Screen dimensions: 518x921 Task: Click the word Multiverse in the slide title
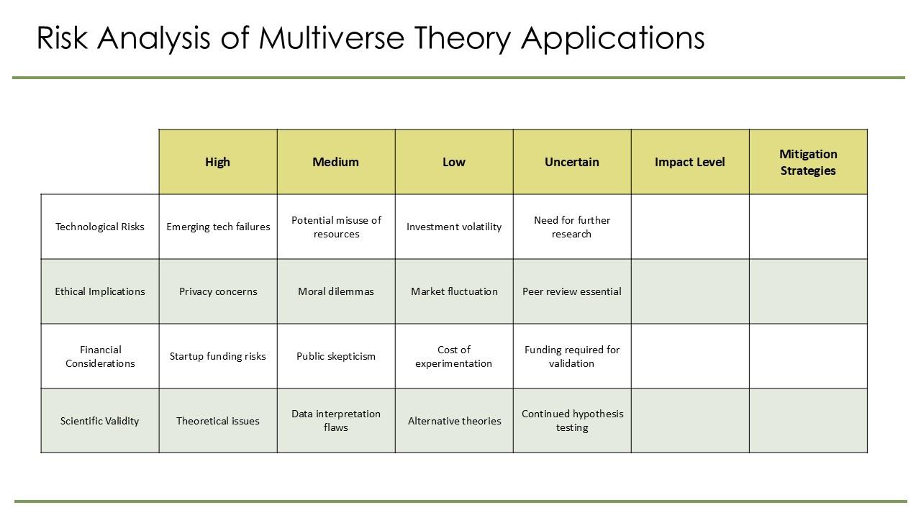332,38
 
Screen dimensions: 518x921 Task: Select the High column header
217,162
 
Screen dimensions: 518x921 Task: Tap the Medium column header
335,162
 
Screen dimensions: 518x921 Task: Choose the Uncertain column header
571,162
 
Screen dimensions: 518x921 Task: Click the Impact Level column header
689,162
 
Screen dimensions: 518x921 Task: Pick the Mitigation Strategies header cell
808,162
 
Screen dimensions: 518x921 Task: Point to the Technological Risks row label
100,227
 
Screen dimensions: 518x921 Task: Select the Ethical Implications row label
100,291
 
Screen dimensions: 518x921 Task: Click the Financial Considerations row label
100,356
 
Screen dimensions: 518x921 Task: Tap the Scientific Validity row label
100,421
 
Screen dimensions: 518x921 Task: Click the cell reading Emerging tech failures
218,227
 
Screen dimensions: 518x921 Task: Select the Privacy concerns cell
218,291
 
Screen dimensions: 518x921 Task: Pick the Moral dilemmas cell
336,291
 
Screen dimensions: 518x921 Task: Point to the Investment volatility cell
454,227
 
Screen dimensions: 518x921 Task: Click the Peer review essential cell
572,291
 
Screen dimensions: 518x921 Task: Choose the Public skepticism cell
336,356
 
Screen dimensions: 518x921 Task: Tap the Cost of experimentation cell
454,356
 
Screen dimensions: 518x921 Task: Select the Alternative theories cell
454,421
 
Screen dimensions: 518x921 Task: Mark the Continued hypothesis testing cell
572,421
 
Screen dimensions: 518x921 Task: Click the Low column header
453,162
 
